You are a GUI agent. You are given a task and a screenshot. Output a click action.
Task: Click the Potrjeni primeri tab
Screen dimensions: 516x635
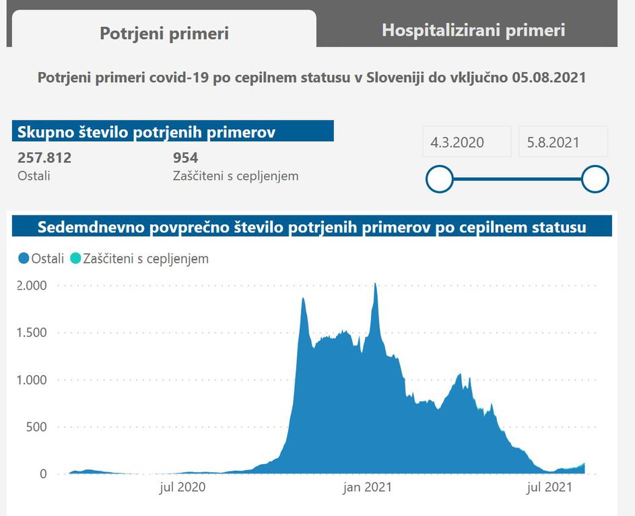coord(164,33)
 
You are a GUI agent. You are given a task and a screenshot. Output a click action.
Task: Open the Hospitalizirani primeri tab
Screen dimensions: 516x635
coord(473,30)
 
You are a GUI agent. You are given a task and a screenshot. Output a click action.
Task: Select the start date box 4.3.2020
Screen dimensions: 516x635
coord(457,142)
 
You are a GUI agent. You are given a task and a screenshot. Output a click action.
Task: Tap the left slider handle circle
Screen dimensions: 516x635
coord(440,179)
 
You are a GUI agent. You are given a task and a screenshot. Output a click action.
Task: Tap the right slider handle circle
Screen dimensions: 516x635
coord(595,179)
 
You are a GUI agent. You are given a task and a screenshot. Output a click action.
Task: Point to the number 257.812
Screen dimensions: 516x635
coord(44,158)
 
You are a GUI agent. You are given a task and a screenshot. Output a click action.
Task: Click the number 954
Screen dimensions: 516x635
coord(185,158)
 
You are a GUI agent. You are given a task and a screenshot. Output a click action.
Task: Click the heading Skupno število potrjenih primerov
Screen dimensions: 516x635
coord(146,132)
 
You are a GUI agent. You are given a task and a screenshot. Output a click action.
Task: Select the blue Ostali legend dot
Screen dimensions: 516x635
coord(24,258)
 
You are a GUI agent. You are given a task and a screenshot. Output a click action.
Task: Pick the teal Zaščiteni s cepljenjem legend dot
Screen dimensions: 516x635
coord(75,258)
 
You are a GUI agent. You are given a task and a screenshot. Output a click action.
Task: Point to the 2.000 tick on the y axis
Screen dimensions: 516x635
coord(32,286)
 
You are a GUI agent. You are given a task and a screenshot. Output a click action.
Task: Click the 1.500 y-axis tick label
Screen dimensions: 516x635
coord(32,333)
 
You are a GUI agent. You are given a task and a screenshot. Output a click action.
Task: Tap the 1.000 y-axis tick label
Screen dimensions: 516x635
coord(32,380)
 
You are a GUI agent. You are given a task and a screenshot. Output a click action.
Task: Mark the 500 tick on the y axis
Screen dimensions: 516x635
coord(36,427)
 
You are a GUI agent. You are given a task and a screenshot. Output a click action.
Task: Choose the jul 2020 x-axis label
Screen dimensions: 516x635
coord(182,486)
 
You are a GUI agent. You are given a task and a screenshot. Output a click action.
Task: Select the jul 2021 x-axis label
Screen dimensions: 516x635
coord(550,486)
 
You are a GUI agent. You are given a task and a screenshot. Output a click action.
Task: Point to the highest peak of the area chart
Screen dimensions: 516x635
coord(375,285)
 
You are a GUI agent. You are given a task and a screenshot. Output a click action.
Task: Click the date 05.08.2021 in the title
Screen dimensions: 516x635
coord(548,77)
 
